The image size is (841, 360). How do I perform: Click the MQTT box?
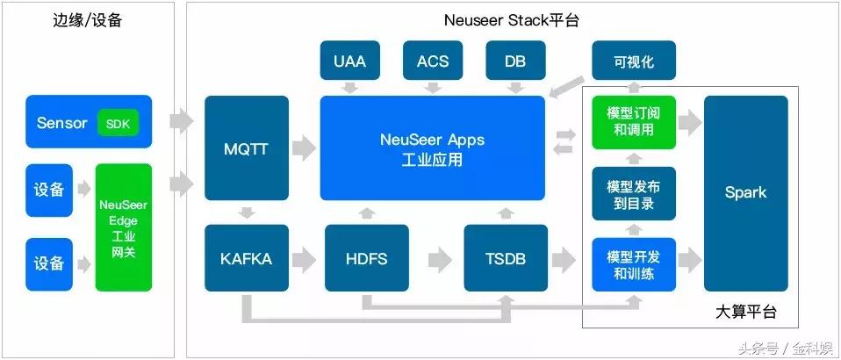point(247,148)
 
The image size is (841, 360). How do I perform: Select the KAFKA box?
point(247,259)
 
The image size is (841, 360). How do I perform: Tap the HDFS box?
point(367,259)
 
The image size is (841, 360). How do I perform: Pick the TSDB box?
point(506,259)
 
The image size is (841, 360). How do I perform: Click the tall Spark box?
point(745,193)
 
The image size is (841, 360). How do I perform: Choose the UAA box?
point(349,61)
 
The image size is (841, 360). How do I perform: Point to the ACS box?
point(432,61)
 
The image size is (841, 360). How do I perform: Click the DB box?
point(515,61)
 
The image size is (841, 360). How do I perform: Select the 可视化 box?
point(634,61)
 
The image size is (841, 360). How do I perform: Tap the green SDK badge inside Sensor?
point(118,123)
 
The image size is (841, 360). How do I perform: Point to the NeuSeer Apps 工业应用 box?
point(432,148)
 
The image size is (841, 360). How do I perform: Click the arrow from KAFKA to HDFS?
point(305,259)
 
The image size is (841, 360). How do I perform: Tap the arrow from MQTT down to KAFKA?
point(247,212)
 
